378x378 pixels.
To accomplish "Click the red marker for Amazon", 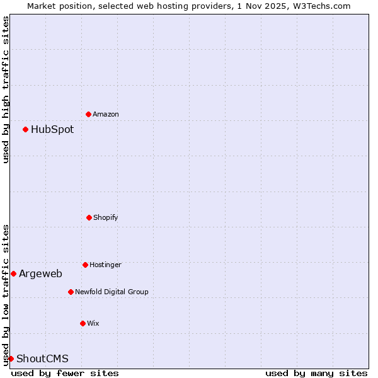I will tap(89, 114).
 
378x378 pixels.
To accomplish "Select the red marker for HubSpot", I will tap(26, 129).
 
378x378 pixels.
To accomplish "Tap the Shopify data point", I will tap(89, 217).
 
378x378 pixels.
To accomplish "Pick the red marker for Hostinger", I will tap(85, 265).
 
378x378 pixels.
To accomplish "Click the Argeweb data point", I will tap(13, 273).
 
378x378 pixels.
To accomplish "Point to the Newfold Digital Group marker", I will tap(71, 292).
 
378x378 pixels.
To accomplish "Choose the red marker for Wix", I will tap(83, 323).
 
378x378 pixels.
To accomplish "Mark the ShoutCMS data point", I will tap(11, 358).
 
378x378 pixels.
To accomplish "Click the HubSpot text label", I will tap(52, 130).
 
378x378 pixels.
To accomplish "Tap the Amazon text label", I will tap(106, 115).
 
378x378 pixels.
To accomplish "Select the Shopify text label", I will tap(106, 218).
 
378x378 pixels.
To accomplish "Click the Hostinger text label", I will tap(105, 265).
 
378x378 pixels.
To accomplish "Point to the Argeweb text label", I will tap(40, 273).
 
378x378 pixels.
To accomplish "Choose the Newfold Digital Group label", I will tap(112, 292).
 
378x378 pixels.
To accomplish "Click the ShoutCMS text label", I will tap(42, 359).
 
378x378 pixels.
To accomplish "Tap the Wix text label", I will tap(93, 324).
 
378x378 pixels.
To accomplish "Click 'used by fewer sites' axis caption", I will tap(65, 373).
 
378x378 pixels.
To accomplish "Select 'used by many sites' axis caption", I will tap(316, 373).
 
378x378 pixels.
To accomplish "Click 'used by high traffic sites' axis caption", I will tap(6, 89).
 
